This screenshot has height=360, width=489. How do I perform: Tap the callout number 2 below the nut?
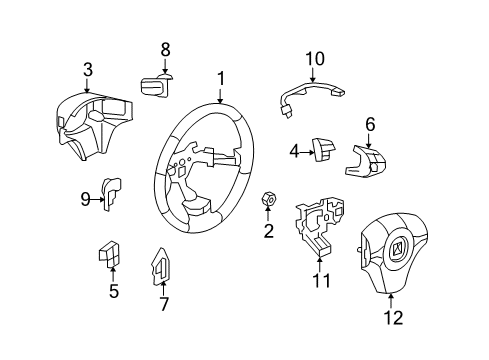tap(267, 232)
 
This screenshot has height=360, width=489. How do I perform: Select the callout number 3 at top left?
tap(88, 69)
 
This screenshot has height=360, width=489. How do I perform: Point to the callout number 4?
tap(294, 152)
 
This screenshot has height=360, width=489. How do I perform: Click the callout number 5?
tap(113, 291)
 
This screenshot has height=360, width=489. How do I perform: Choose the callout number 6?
tap(369, 124)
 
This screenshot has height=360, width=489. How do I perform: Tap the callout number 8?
tap(166, 48)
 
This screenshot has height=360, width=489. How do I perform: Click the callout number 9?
tap(85, 198)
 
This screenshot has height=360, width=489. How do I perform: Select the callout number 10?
tap(315, 59)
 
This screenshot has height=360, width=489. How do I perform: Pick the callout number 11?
tap(320, 281)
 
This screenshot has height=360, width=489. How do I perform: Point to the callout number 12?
tap(394, 319)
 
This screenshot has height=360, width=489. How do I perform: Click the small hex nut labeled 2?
tap(268, 200)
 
